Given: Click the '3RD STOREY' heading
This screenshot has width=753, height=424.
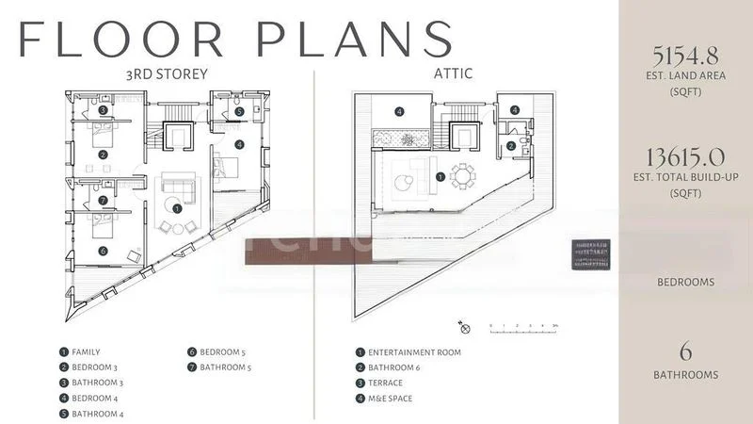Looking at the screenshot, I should pyautogui.click(x=168, y=74).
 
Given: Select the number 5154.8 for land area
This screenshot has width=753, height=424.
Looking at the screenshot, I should pyautogui.click(x=684, y=54).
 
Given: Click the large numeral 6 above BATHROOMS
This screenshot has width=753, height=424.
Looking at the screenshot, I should pyautogui.click(x=685, y=352).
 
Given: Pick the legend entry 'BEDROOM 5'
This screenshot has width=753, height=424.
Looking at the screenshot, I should pyautogui.click(x=222, y=352).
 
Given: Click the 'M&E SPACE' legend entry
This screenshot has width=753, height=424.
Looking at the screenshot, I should pyautogui.click(x=390, y=398).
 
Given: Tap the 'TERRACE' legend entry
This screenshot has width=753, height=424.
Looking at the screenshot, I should pyautogui.click(x=386, y=383).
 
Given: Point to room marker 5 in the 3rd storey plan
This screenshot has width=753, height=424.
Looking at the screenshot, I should pyautogui.click(x=240, y=111).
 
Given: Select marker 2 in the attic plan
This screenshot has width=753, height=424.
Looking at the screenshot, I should pyautogui.click(x=510, y=145).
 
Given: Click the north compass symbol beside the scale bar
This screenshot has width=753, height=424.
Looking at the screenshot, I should pyautogui.click(x=463, y=327).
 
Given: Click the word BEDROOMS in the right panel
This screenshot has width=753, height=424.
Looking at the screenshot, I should pyautogui.click(x=684, y=282).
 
